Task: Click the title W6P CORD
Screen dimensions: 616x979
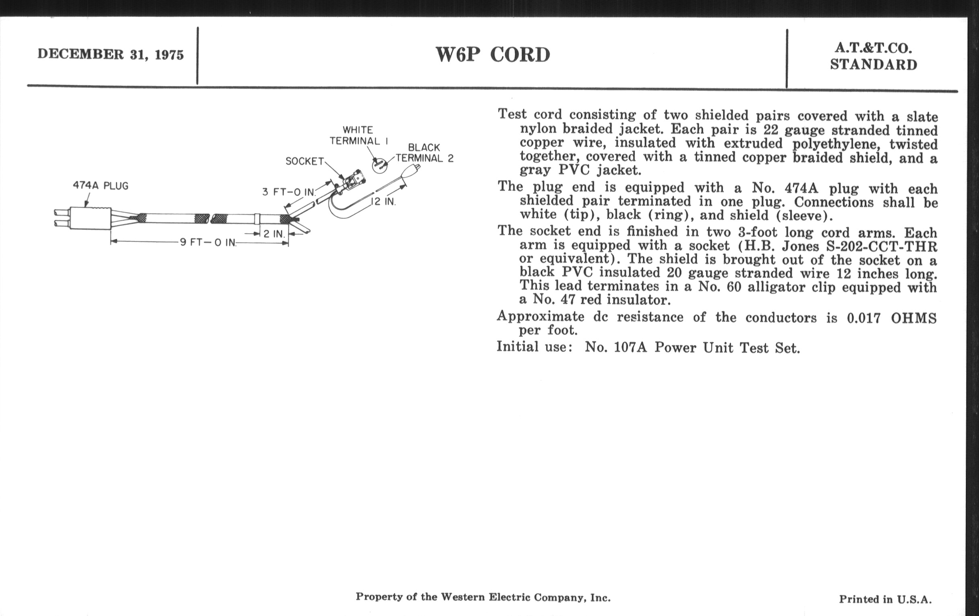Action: pyautogui.click(x=493, y=54)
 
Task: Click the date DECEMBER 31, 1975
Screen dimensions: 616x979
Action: pyautogui.click(x=111, y=54)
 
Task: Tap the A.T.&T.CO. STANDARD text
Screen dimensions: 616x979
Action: pyautogui.click(x=873, y=57)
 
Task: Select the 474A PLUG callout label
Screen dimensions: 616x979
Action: pyautogui.click(x=100, y=186)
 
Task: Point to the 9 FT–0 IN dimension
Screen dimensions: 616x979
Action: pyautogui.click(x=208, y=243)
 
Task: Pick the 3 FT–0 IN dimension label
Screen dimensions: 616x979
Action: pyautogui.click(x=288, y=192)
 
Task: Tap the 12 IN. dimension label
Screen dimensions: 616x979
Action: pyautogui.click(x=383, y=202)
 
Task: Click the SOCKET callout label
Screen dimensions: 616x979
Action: pyautogui.click(x=304, y=161)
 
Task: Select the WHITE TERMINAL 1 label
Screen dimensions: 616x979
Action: pyautogui.click(x=359, y=136)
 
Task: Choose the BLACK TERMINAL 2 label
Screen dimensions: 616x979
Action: pyautogui.click(x=424, y=153)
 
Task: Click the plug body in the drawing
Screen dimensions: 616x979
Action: pyautogui.click(x=90, y=218)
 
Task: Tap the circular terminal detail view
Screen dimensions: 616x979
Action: pyautogui.click(x=380, y=166)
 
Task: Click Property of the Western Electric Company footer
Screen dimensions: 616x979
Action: pyautogui.click(x=483, y=597)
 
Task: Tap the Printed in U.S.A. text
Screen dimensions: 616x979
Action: pyautogui.click(x=885, y=599)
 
